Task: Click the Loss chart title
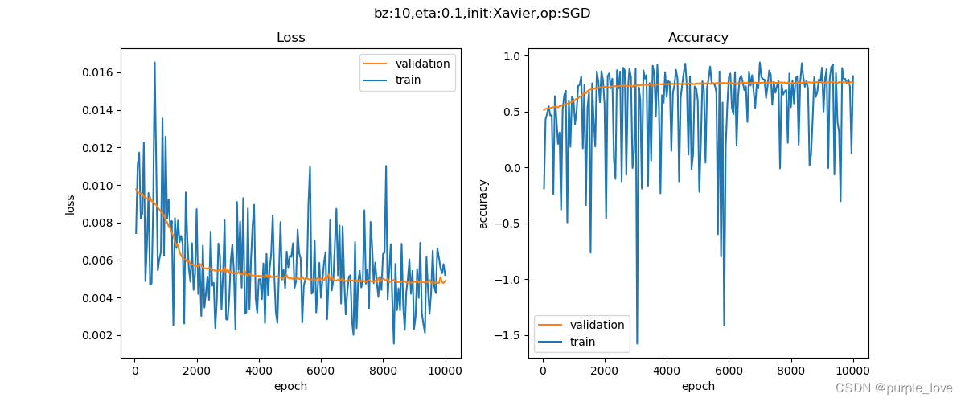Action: [x=291, y=38]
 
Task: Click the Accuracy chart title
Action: [x=698, y=38]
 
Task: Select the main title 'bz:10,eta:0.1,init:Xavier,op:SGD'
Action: [x=482, y=14]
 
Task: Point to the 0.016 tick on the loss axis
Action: [x=97, y=72]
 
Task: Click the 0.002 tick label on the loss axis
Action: [x=97, y=335]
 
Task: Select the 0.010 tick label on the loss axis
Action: [x=97, y=186]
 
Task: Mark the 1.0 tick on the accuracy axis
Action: [x=512, y=56]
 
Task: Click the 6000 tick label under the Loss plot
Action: [x=321, y=371]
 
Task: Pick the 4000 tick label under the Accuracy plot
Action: [x=667, y=371]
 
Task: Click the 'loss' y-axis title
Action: [x=70, y=205]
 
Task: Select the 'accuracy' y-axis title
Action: [x=483, y=204]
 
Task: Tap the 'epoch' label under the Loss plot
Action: [x=291, y=387]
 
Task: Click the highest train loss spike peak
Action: [x=154, y=62]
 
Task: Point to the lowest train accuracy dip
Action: [x=637, y=344]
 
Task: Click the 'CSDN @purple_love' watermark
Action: [x=894, y=388]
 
